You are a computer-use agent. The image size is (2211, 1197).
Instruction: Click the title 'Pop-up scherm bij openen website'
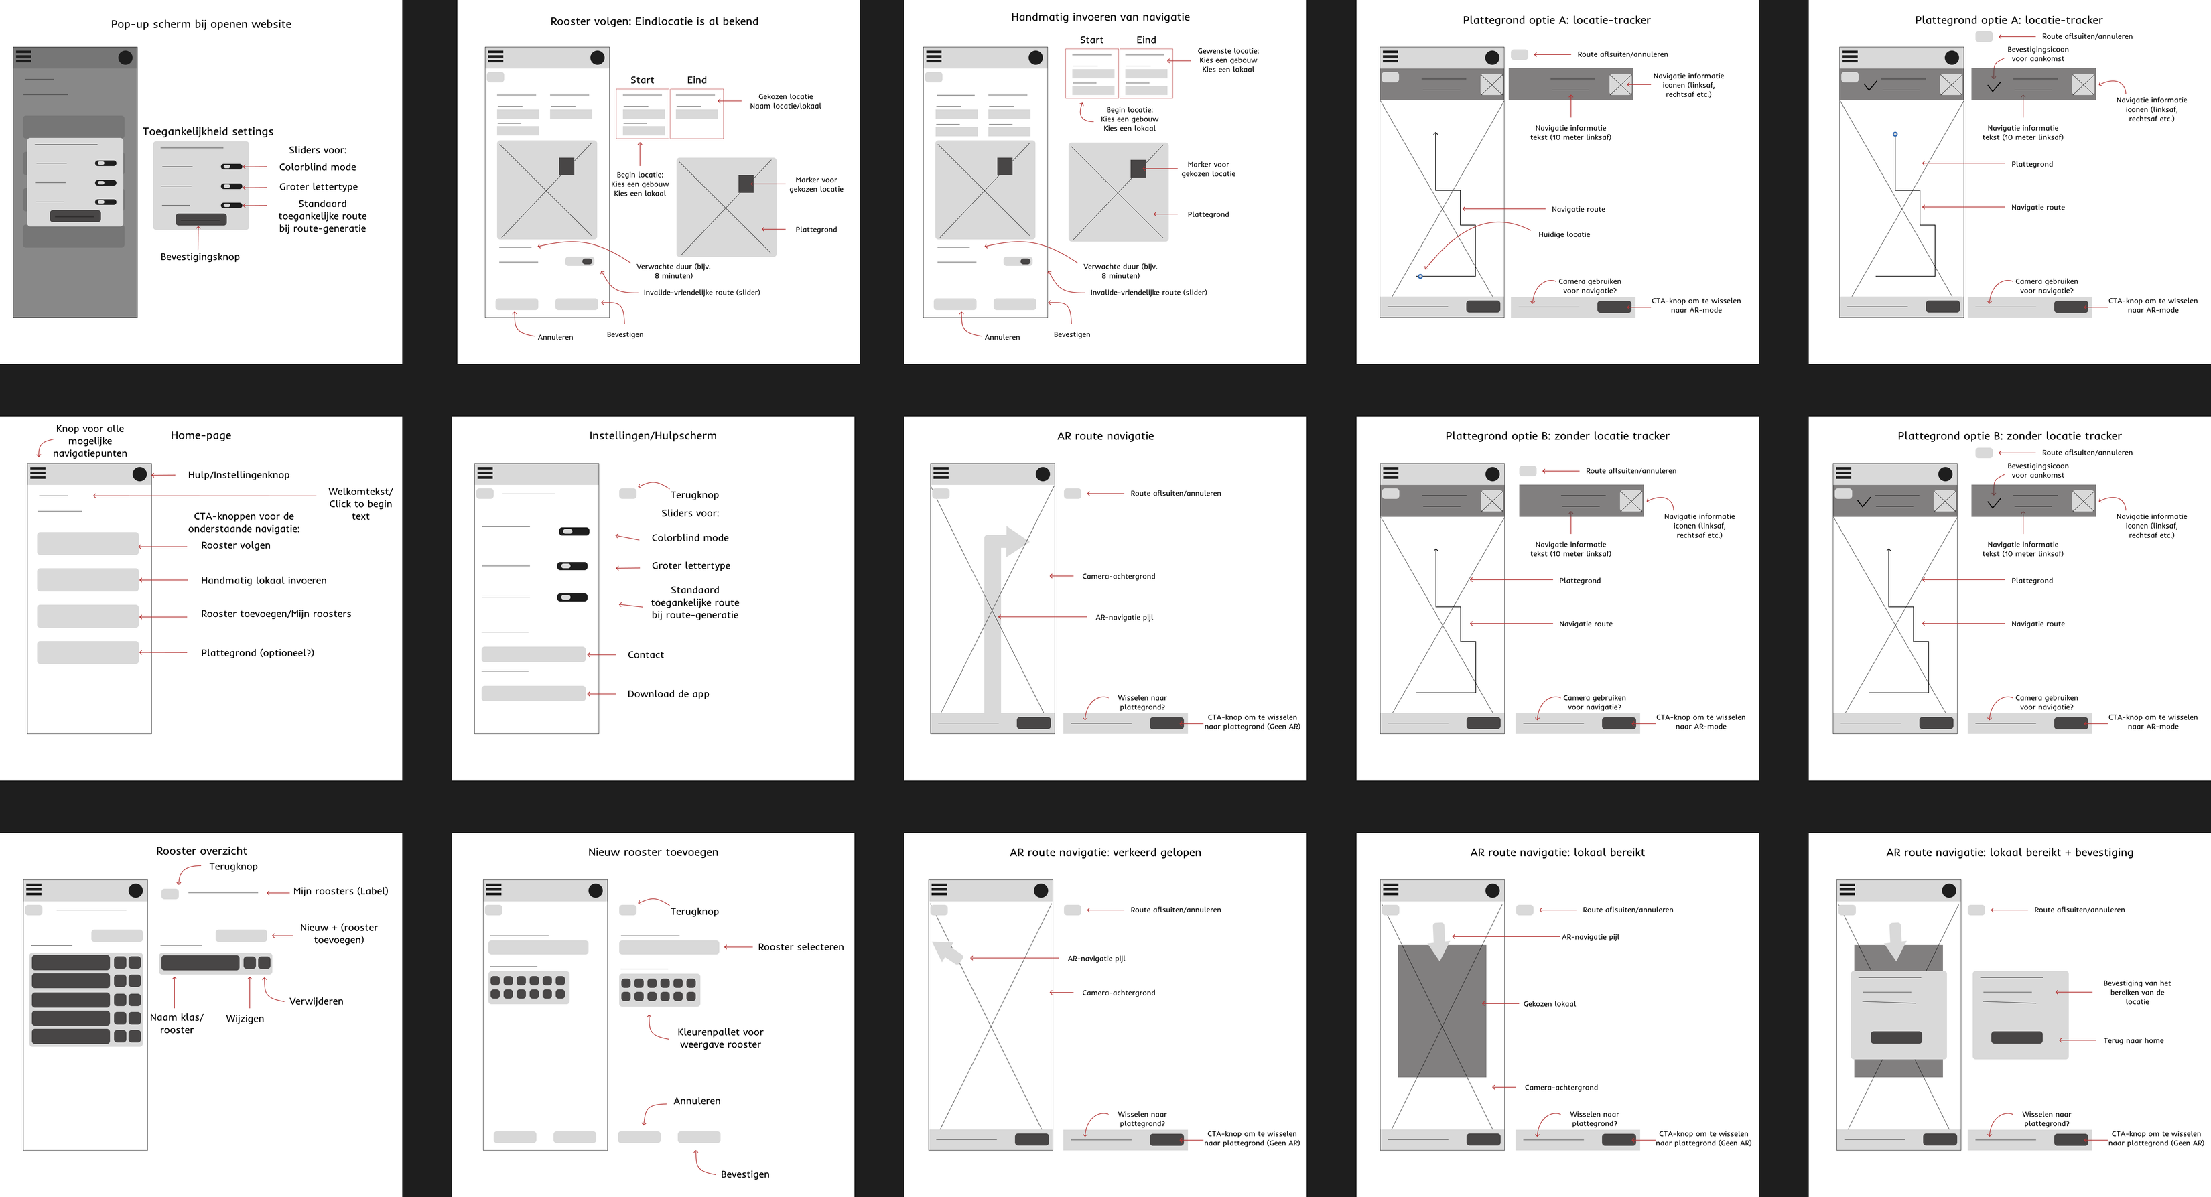(201, 24)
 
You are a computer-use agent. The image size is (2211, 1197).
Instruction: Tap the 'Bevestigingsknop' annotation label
(200, 257)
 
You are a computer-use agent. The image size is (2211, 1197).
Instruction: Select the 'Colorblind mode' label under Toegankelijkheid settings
(318, 167)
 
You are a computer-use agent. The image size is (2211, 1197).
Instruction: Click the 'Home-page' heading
(201, 435)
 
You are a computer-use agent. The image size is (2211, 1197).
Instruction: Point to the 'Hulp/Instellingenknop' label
(239, 474)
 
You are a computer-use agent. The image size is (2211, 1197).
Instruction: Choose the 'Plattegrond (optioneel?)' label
(257, 653)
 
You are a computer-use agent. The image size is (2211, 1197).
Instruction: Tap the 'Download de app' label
(669, 694)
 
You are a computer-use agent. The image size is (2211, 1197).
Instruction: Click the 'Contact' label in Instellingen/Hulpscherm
(645, 654)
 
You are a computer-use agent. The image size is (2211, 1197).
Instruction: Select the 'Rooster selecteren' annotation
(801, 947)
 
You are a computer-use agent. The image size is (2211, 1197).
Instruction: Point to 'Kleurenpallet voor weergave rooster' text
(720, 1038)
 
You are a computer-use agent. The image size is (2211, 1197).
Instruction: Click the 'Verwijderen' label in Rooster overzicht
(316, 1001)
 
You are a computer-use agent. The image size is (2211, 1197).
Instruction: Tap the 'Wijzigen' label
(245, 1019)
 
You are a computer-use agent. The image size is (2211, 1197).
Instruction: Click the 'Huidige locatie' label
(1564, 234)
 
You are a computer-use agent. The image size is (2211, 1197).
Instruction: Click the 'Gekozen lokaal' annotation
(1549, 1004)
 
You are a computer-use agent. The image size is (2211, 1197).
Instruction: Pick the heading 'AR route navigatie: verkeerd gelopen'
(1105, 852)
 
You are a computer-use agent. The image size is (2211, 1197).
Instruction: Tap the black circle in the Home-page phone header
(140, 474)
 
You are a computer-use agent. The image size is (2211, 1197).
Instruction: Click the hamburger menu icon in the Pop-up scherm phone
(24, 57)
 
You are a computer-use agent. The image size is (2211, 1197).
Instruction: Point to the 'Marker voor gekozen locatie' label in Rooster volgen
(816, 184)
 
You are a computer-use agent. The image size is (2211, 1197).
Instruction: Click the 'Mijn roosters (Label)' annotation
(341, 892)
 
